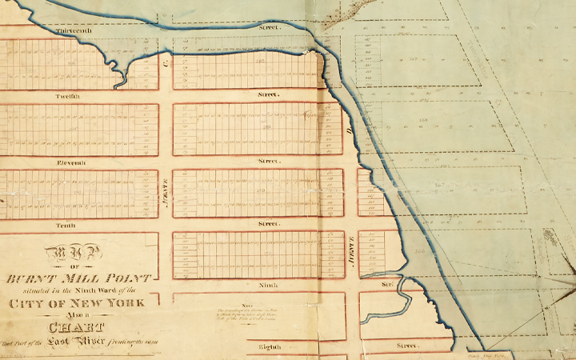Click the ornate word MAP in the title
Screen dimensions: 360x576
(78, 254)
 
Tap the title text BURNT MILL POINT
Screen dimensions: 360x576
(78, 278)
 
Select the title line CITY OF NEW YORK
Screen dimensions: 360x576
(78, 303)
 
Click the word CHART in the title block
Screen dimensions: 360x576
(78, 327)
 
